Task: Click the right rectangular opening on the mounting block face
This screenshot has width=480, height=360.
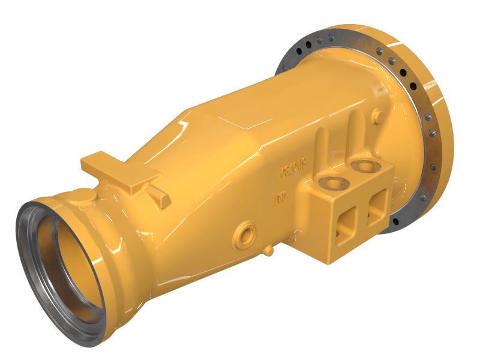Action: pos(378,205)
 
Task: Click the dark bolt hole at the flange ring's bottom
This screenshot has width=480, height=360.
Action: pos(398,223)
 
